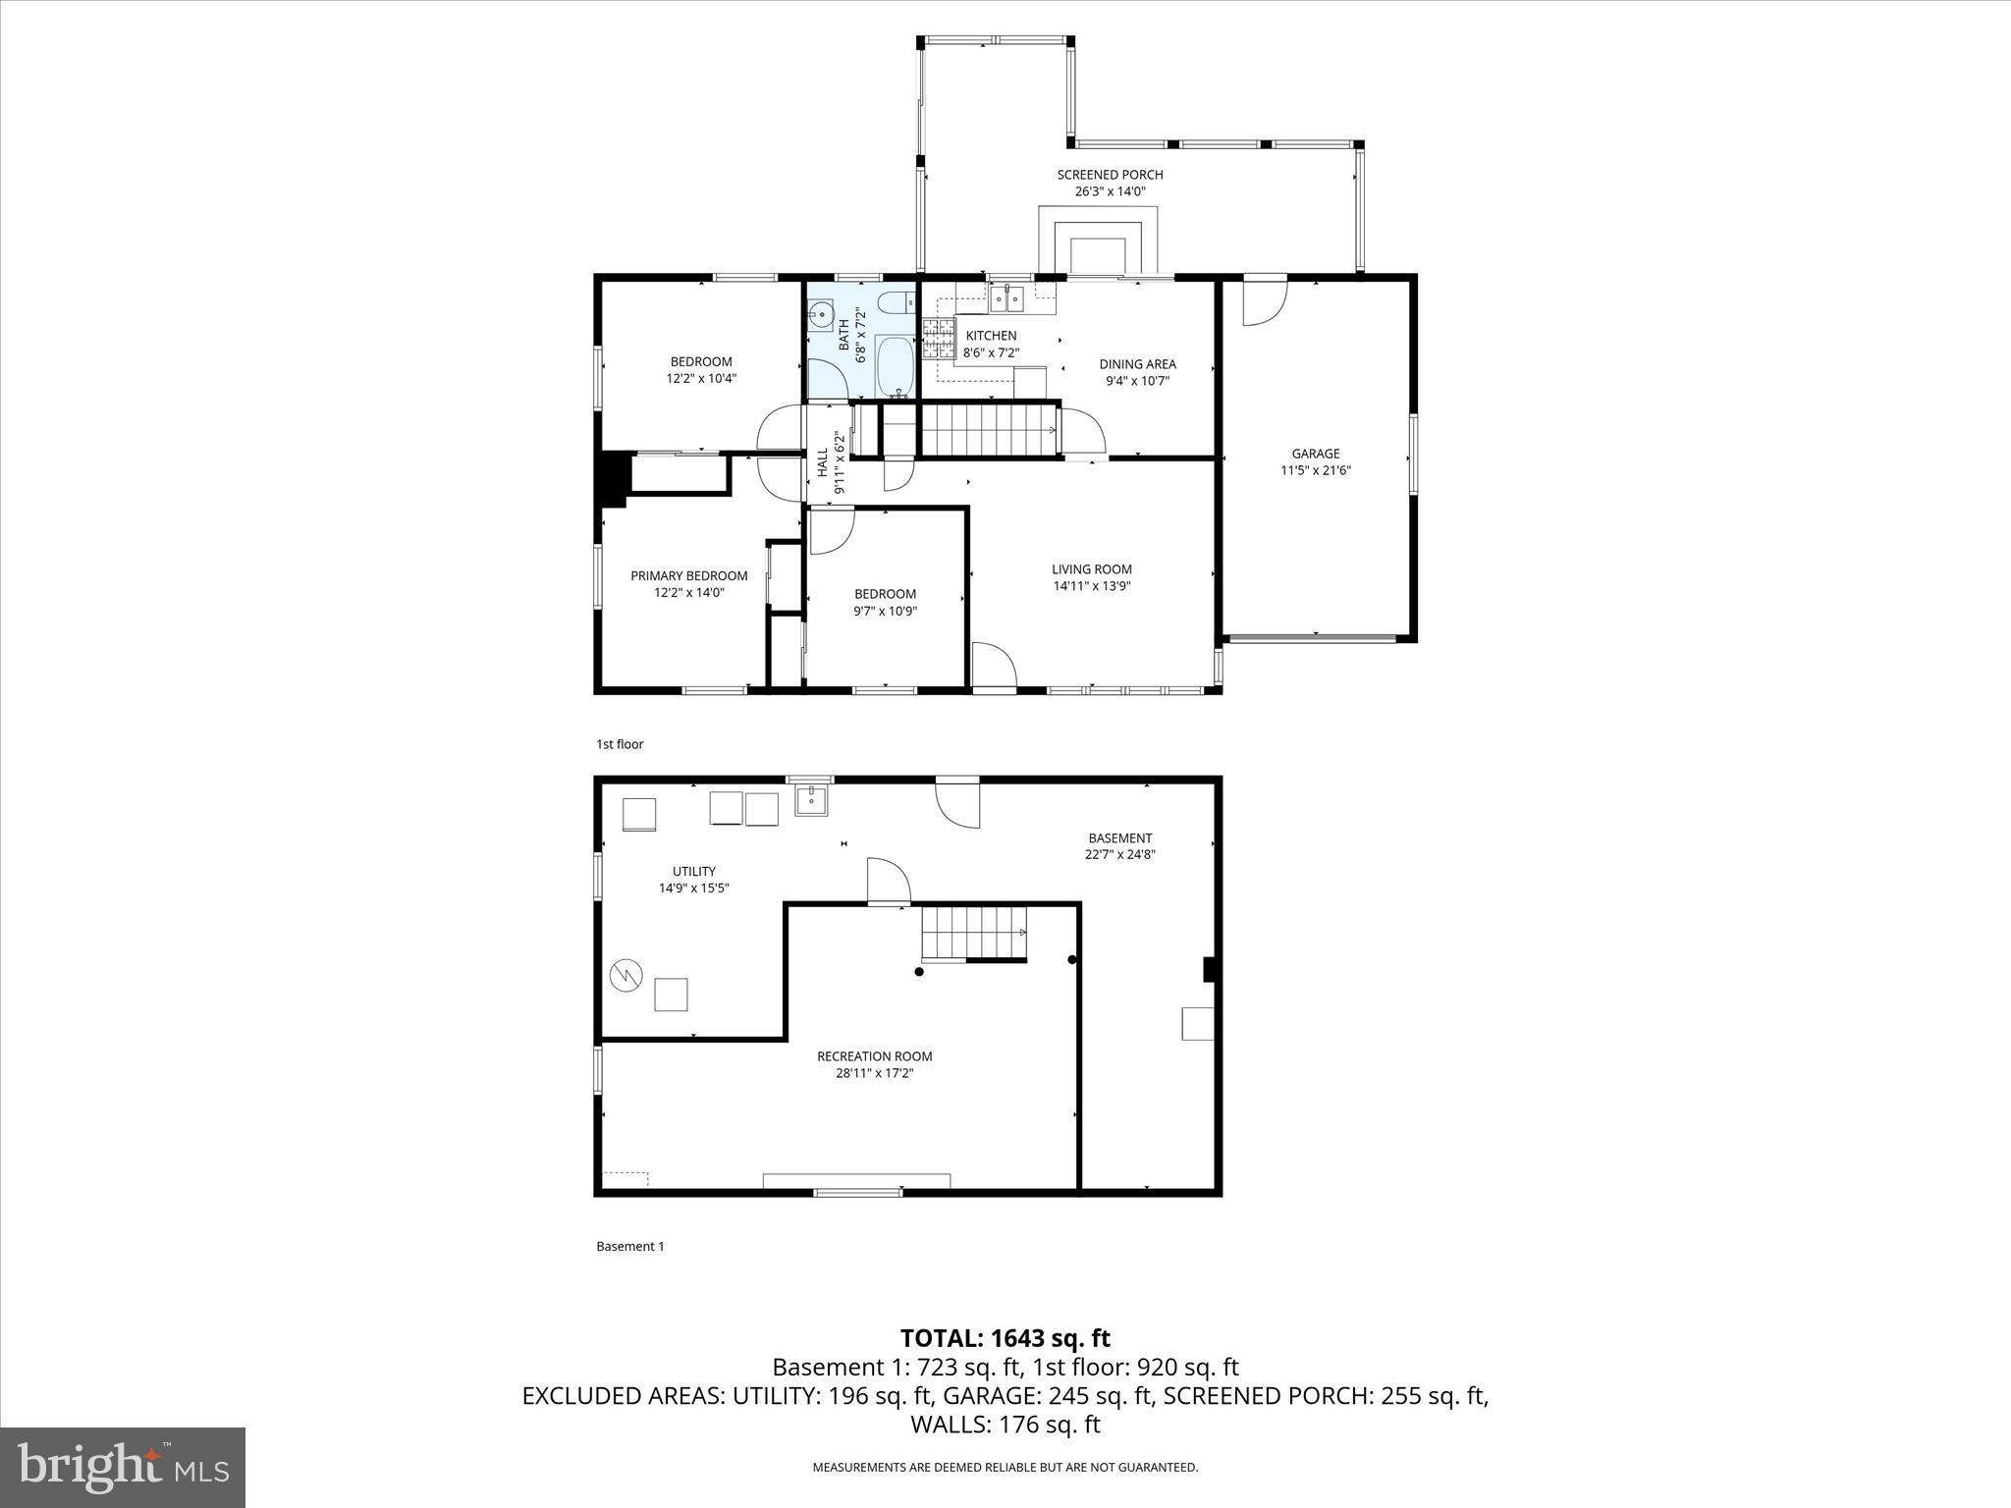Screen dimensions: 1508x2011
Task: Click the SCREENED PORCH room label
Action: point(1110,175)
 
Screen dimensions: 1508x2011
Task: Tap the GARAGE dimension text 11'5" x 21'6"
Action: point(1315,470)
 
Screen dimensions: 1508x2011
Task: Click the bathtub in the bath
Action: point(894,367)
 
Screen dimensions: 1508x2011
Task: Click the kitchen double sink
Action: point(1006,297)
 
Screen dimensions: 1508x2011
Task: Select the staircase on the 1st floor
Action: point(987,432)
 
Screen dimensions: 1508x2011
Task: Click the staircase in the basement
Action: point(973,932)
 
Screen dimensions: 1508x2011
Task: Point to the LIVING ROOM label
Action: point(1091,568)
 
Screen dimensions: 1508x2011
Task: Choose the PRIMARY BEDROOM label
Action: point(688,575)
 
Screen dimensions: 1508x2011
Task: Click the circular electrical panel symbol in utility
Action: point(625,975)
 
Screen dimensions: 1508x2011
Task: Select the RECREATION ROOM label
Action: point(874,1056)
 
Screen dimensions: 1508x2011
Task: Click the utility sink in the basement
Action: point(811,800)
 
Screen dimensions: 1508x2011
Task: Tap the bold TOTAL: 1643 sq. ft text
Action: point(1005,1338)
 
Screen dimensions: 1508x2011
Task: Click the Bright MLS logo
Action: point(123,1468)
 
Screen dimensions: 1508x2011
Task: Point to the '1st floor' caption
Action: point(620,744)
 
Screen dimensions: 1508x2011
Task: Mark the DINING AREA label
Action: point(1137,364)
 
